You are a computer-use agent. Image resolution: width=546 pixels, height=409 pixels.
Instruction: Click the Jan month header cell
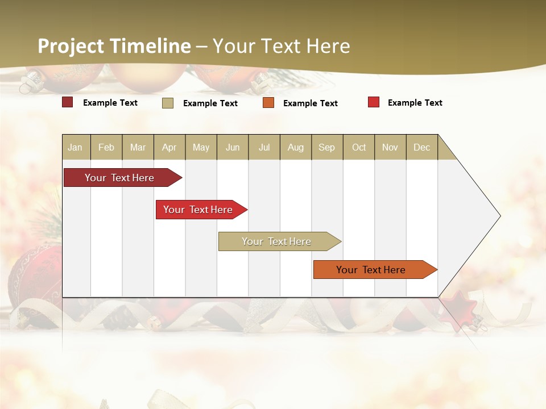(76, 147)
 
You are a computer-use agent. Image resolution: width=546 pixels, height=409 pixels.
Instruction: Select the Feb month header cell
(106, 147)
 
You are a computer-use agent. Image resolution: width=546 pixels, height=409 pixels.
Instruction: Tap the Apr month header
(169, 147)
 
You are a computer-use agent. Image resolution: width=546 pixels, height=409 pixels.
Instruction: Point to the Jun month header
(233, 147)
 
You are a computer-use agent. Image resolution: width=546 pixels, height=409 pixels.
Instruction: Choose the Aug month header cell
(296, 147)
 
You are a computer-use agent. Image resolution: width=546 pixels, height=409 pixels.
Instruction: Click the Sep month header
(327, 147)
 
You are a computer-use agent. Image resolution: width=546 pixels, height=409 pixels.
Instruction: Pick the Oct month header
(359, 147)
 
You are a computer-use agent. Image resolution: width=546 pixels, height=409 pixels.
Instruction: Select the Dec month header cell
(422, 147)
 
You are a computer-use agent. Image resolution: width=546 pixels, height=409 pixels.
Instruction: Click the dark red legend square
(67, 102)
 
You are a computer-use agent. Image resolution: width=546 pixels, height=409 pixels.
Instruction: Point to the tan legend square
(168, 103)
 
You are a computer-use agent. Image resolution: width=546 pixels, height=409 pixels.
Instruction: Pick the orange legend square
(268, 103)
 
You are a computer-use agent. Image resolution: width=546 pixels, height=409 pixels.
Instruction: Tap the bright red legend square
(373, 102)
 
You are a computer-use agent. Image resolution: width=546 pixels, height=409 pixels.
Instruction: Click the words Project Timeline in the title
(114, 46)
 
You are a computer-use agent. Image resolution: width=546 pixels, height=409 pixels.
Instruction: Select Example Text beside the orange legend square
(310, 103)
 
